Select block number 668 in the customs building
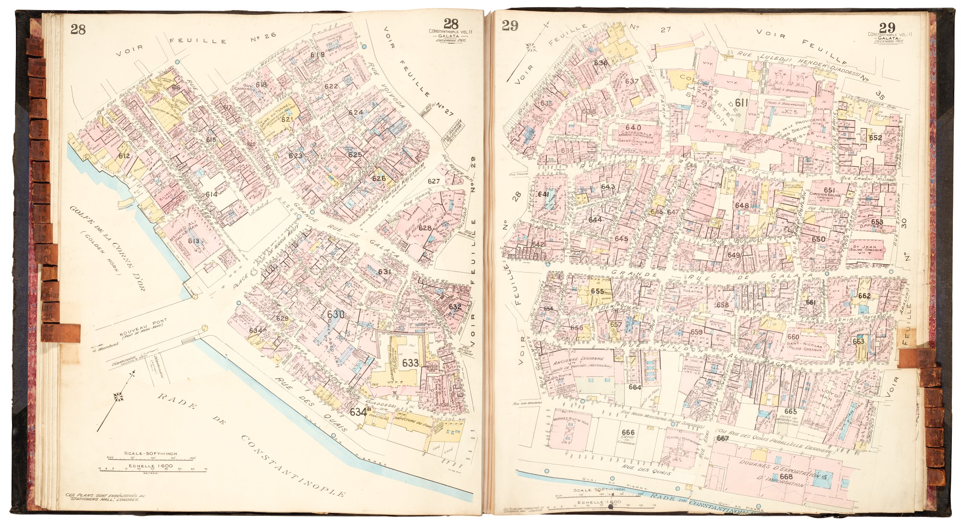click(x=786, y=476)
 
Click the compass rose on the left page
click(x=119, y=397)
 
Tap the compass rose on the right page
click(x=532, y=47)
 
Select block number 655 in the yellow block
click(x=597, y=291)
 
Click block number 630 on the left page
click(x=335, y=314)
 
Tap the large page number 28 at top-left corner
click(x=78, y=29)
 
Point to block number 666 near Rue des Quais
click(x=628, y=432)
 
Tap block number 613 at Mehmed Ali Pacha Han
click(x=194, y=241)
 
